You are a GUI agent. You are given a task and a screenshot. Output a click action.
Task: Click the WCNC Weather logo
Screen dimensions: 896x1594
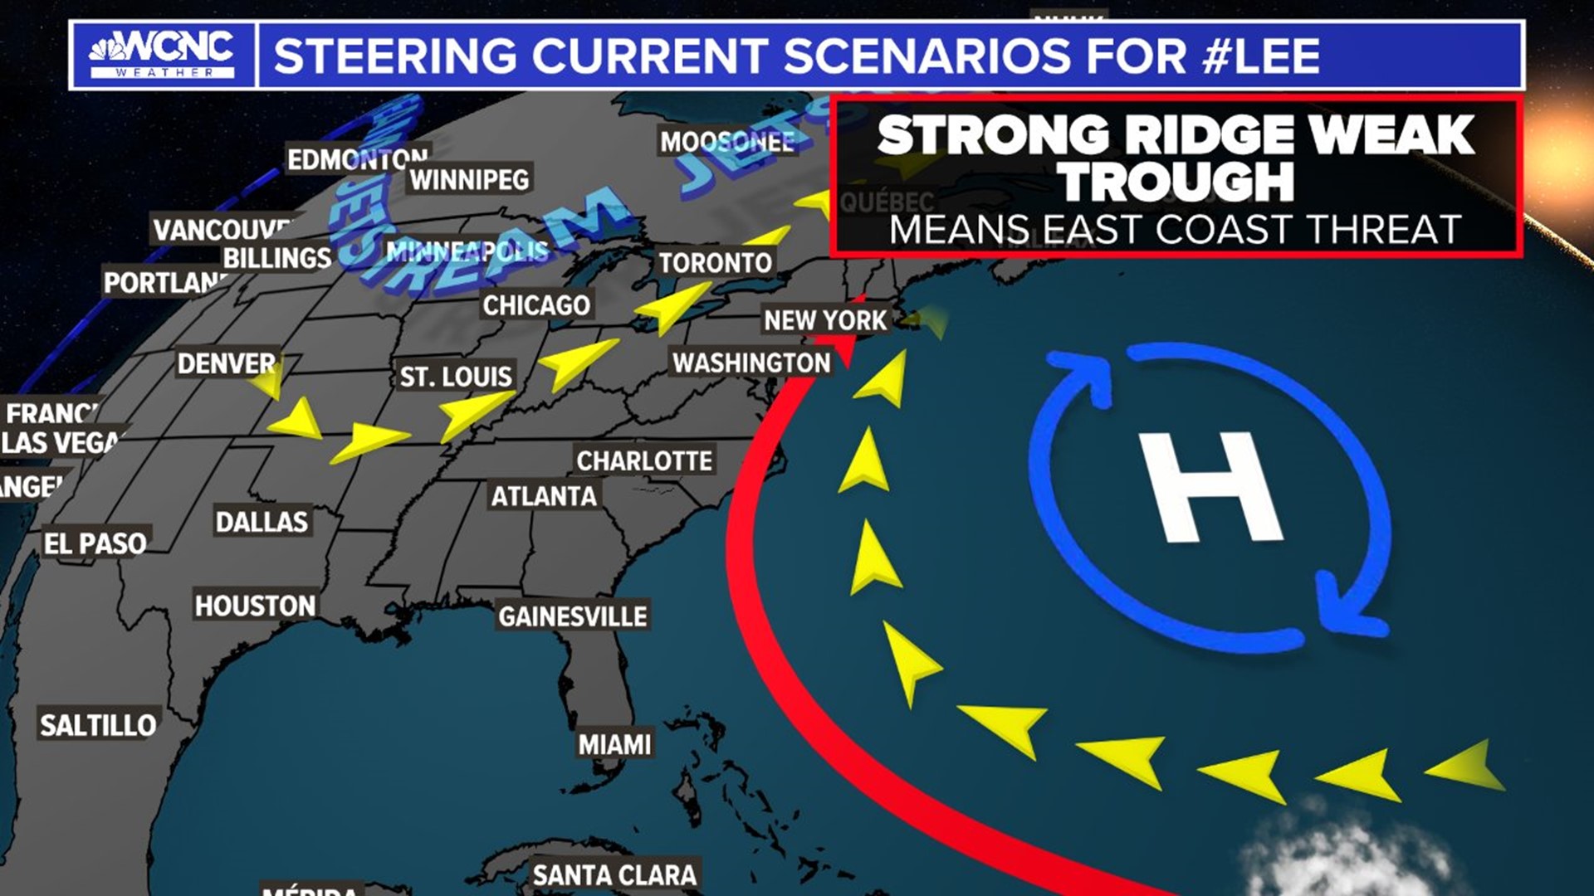point(163,55)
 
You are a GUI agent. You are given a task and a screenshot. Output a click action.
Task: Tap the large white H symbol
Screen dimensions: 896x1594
point(1211,488)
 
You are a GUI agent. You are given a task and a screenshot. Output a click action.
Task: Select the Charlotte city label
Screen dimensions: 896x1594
point(644,460)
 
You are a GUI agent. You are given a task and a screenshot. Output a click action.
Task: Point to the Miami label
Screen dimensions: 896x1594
point(614,744)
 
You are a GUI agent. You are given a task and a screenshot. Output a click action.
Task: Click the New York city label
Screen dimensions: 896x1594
point(825,320)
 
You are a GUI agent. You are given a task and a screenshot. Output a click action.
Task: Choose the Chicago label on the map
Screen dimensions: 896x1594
point(536,305)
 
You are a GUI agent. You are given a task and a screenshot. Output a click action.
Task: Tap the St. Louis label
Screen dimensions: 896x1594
point(456,377)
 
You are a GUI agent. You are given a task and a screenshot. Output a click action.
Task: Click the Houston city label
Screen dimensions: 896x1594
point(255,606)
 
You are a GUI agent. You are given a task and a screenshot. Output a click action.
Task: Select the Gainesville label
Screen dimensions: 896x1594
point(572,616)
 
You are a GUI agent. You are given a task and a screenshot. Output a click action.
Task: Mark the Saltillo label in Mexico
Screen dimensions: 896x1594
point(98,725)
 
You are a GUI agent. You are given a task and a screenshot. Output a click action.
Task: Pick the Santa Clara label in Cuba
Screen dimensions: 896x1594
point(614,874)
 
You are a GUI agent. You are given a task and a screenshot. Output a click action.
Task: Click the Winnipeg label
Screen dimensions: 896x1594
point(469,179)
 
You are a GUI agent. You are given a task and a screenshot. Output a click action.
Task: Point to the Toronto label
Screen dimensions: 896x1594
point(715,263)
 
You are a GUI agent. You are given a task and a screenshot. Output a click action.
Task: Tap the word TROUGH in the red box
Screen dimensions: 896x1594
point(1176,182)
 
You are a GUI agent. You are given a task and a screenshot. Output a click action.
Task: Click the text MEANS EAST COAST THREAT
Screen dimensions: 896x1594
point(1175,230)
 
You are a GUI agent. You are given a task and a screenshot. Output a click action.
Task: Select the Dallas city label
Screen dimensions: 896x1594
point(262,521)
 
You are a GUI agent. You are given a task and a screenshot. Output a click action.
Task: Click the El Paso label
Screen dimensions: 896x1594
point(95,543)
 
